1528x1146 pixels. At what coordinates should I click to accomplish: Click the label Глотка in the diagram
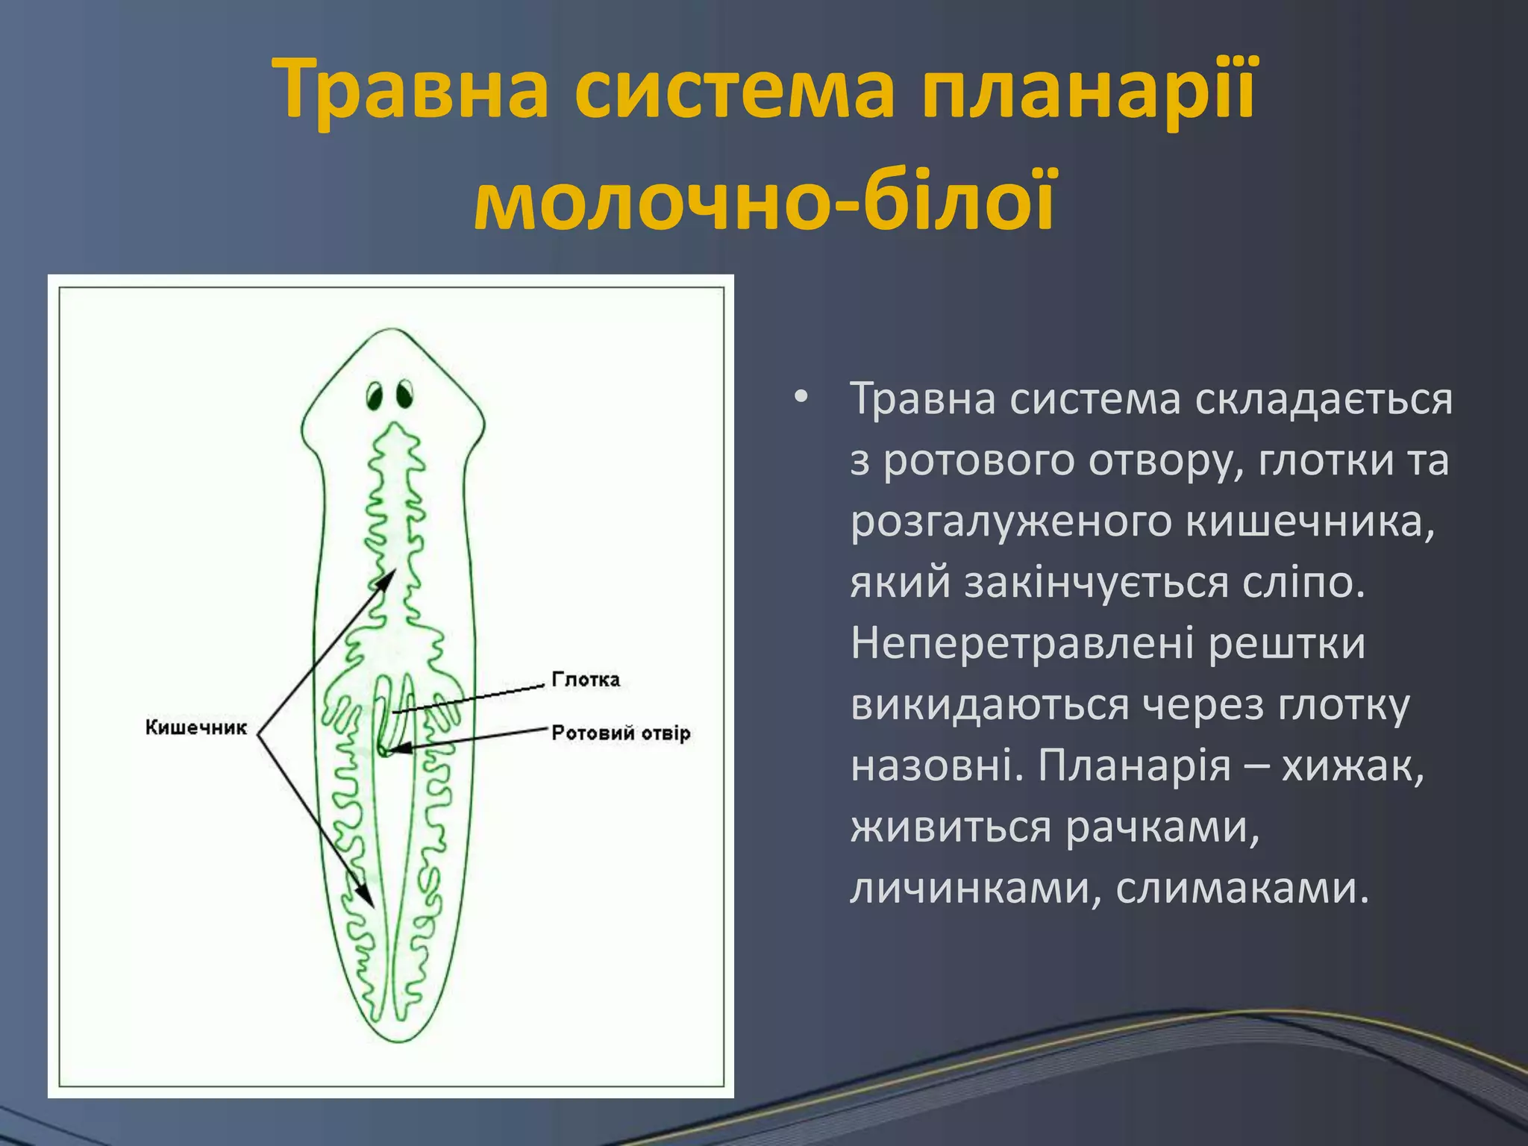point(586,679)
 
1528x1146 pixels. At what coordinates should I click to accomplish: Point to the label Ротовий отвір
point(621,733)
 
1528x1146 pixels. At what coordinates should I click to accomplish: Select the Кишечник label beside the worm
point(195,727)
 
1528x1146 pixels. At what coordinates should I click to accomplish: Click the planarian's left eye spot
point(375,395)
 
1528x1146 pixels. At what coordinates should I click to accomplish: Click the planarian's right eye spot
point(404,394)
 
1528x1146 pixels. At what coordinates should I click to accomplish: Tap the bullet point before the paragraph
point(801,398)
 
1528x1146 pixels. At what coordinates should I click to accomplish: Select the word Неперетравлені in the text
point(1023,643)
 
